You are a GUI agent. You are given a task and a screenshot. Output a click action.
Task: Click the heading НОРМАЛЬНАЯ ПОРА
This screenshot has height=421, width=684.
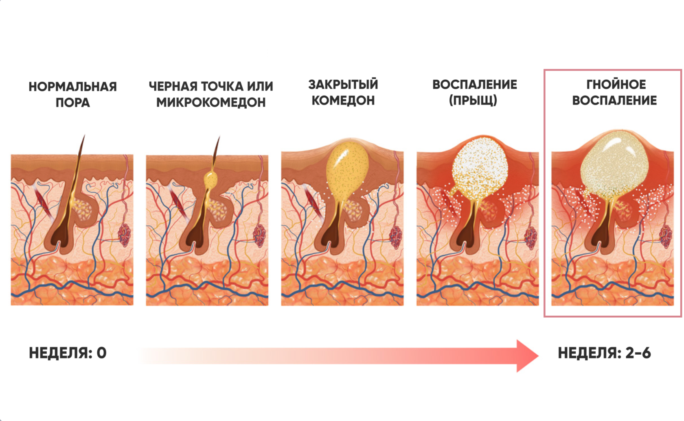point(72,94)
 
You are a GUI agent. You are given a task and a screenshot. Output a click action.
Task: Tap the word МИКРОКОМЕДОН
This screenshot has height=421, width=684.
point(210,103)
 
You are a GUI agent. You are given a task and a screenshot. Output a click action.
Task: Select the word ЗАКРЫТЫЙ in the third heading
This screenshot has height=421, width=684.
point(343,85)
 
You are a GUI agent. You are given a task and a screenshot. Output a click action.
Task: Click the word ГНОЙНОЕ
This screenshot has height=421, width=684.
point(616,85)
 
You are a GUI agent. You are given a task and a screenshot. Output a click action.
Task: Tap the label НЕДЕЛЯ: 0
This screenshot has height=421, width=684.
point(68,353)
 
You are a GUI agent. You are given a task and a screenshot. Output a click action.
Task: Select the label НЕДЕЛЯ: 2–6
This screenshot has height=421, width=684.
point(604,353)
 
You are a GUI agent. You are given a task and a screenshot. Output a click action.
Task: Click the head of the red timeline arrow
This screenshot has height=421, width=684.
point(526,356)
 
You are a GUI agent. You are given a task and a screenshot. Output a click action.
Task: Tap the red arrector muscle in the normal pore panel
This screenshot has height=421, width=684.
point(42,201)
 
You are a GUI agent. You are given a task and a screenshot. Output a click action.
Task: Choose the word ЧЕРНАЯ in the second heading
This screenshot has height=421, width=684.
point(173,86)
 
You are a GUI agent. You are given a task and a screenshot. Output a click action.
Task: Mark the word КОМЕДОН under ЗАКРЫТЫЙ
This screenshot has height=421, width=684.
point(343,100)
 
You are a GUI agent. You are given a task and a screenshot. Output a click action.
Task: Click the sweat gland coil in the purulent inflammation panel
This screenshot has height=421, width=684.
point(665,236)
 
